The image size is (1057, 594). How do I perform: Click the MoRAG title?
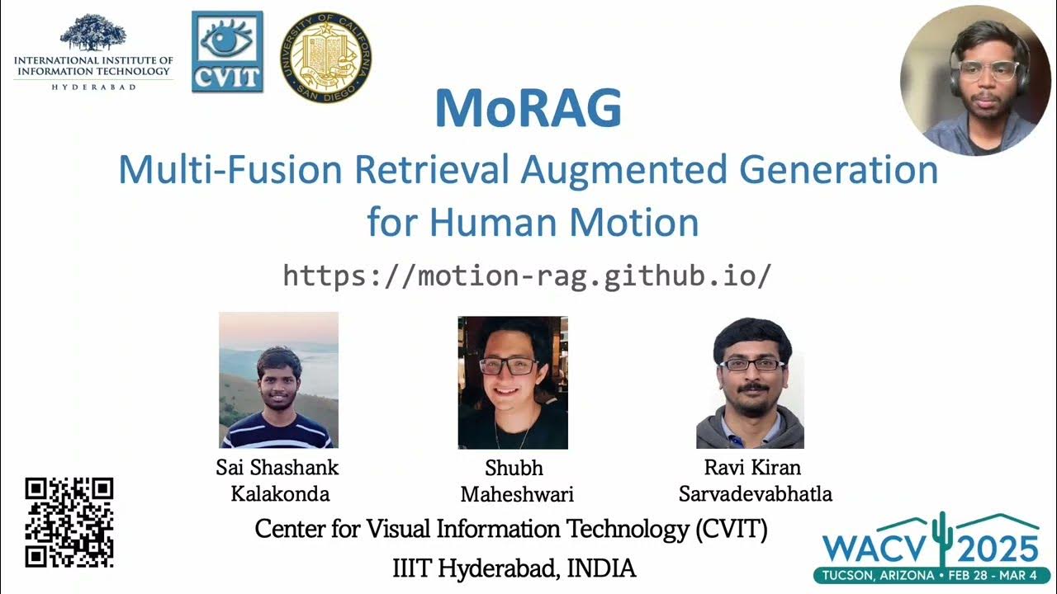528,108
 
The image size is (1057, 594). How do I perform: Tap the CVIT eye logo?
227,51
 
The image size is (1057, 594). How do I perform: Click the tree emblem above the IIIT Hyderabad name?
93,34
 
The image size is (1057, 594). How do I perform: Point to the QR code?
69,522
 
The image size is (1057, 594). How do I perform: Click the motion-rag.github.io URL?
527,275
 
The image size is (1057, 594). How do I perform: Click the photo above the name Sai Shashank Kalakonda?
278,379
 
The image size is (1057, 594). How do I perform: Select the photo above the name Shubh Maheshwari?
513,382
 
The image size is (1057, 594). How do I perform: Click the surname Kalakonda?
278,494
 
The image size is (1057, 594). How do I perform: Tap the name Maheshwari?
517,494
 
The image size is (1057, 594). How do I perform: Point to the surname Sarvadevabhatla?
755,494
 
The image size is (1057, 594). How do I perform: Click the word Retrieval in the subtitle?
432,170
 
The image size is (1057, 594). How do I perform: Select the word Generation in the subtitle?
839,170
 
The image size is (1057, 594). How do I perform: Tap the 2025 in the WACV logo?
998,549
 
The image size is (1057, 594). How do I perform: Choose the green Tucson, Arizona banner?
932,574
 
